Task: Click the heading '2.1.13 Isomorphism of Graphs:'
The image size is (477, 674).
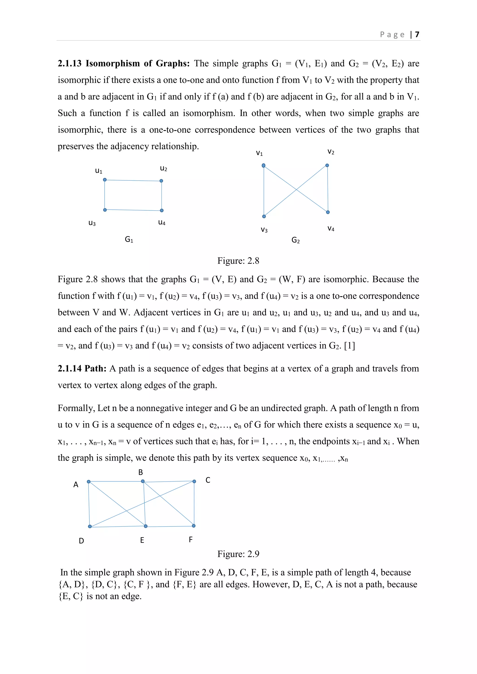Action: pyautogui.click(x=124, y=63)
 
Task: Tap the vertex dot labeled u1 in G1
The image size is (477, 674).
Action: pyautogui.click(x=105, y=180)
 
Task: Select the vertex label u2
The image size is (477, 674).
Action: pyautogui.click(x=164, y=168)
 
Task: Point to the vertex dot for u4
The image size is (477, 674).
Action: pyautogui.click(x=162, y=210)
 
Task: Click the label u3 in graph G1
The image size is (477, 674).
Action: pyautogui.click(x=92, y=223)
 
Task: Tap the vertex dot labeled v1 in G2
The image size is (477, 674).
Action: pyautogui.click(x=264, y=165)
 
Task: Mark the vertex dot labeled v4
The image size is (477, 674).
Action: pyautogui.click(x=328, y=212)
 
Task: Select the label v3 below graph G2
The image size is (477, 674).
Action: pyautogui.click(x=264, y=230)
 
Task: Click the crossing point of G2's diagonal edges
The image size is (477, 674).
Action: pyautogui.click(x=296, y=190)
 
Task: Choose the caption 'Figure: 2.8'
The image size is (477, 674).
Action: pyautogui.click(x=238, y=261)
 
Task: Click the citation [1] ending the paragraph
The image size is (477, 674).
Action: pyautogui.click(x=350, y=346)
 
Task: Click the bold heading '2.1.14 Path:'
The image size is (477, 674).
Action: pyautogui.click(x=82, y=368)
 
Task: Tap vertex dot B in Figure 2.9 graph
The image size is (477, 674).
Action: pyautogui.click(x=143, y=481)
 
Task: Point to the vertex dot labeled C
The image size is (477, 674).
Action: pyautogui.click(x=194, y=482)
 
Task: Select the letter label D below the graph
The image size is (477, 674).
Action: pyautogui.click(x=81, y=541)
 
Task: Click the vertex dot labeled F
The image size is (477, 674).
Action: pyautogui.click(x=194, y=526)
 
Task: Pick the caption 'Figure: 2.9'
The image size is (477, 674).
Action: pyautogui.click(x=238, y=554)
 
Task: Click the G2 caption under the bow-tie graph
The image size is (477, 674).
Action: pyautogui.click(x=296, y=240)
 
